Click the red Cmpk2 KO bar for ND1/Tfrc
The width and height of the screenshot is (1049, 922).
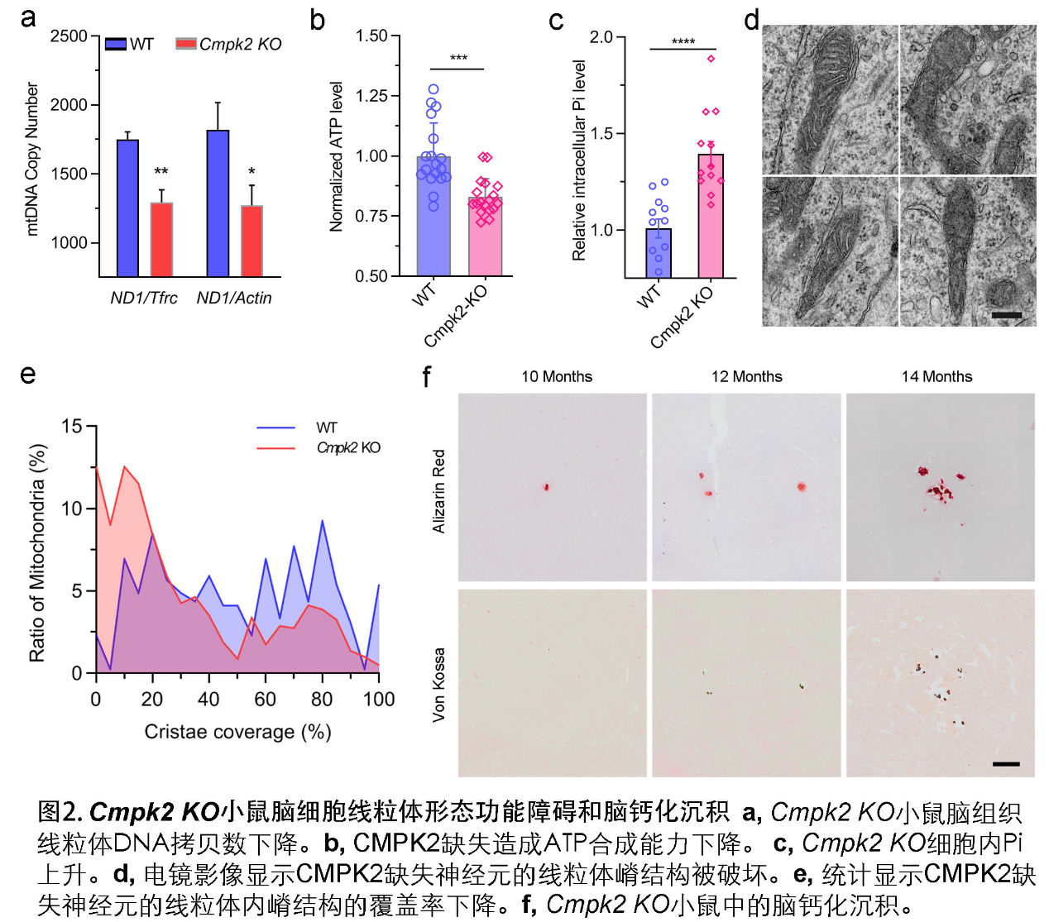(x=161, y=240)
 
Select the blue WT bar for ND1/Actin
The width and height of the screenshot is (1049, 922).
(x=218, y=203)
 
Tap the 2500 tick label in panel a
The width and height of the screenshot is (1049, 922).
(x=69, y=36)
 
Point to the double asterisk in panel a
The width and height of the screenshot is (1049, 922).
(x=161, y=172)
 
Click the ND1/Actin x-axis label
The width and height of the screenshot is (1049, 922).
(x=234, y=298)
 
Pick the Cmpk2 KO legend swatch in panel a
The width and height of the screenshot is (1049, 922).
(x=186, y=43)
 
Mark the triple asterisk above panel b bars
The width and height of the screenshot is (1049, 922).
(x=458, y=59)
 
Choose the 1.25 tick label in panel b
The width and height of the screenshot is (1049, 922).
(x=371, y=96)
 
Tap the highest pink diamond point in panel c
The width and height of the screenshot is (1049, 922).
(x=711, y=59)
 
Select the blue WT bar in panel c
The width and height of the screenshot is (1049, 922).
(x=659, y=253)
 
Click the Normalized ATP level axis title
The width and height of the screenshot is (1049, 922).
(x=336, y=156)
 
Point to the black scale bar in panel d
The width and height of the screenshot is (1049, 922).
(x=1006, y=315)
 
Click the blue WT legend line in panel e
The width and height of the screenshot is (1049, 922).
(x=275, y=428)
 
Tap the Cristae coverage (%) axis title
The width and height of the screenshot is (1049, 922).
(x=237, y=732)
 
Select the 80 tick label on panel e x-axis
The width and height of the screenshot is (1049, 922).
(x=322, y=700)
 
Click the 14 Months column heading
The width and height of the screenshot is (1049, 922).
(x=936, y=377)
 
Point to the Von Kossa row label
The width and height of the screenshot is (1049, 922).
(x=438, y=684)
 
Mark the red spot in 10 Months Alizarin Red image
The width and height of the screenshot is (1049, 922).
(x=547, y=487)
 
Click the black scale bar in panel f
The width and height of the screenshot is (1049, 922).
(x=1005, y=764)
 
